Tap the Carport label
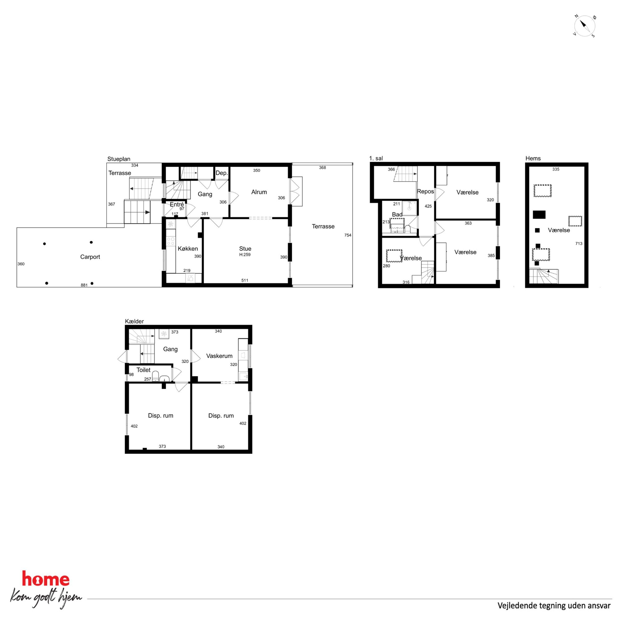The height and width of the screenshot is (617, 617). pos(90,257)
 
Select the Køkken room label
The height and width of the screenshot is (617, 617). pos(188,248)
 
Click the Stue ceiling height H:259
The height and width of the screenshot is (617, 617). pos(245,254)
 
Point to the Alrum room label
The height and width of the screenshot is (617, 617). pos(259,192)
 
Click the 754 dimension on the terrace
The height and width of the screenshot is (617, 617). pos(348,235)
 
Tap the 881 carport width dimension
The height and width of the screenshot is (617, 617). pos(84,285)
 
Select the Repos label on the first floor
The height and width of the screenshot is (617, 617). pos(425,191)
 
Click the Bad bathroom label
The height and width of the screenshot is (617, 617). pos(397,214)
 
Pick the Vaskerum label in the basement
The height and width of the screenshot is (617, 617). pos(219,356)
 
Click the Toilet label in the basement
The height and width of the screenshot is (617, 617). pos(143,370)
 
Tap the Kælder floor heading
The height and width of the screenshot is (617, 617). pos(134,321)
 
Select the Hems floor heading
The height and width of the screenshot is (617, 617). pos(533,158)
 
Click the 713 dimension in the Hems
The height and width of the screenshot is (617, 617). pos(579,244)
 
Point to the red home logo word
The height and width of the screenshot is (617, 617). pos(46,579)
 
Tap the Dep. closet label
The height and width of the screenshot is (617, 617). pos(222,173)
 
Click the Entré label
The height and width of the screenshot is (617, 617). pos(177,204)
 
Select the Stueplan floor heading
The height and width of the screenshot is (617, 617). pos(119,159)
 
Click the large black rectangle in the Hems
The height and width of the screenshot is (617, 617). pos(539,215)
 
